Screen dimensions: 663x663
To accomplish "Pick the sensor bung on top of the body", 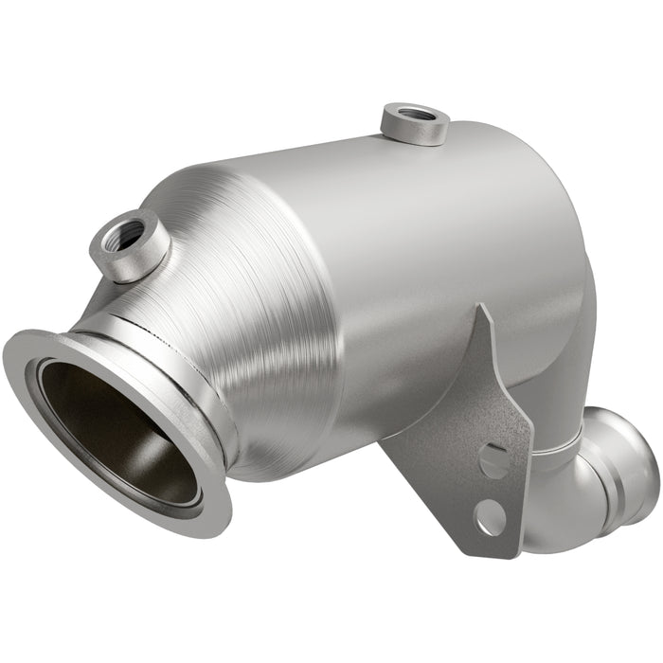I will [415, 124].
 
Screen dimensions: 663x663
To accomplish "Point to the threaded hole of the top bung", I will [415, 115].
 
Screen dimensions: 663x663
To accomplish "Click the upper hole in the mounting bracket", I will [492, 460].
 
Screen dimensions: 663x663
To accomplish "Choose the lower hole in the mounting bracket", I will [490, 516].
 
